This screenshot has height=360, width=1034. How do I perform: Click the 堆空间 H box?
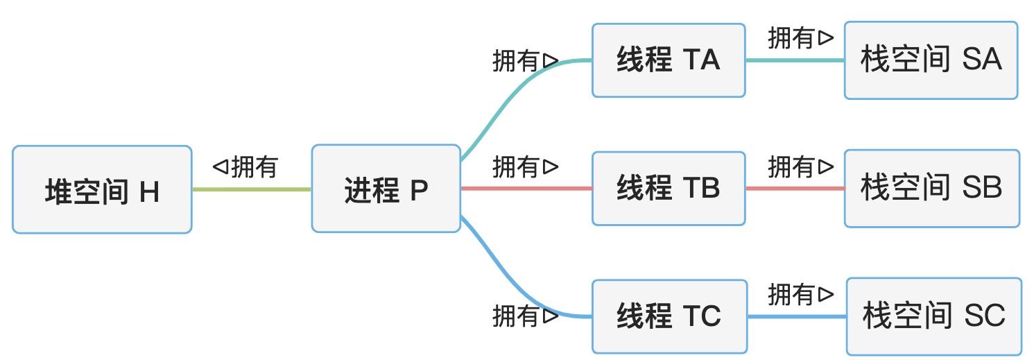click(102, 189)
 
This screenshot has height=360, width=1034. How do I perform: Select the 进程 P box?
click(386, 189)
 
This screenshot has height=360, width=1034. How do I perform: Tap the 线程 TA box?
click(669, 60)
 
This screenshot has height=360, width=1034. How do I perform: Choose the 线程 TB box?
click(669, 188)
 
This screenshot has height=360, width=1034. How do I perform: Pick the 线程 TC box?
click(669, 316)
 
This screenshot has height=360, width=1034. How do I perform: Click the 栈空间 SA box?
click(931, 60)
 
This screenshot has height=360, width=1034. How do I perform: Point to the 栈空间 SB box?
click(931, 188)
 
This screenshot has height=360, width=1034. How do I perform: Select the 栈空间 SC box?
click(933, 316)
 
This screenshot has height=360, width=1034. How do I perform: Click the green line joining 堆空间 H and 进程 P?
click(251, 189)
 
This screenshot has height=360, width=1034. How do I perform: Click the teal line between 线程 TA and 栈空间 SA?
click(795, 60)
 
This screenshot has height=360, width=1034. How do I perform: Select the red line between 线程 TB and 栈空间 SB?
click(795, 188)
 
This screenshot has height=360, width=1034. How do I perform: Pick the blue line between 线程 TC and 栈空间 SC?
click(797, 316)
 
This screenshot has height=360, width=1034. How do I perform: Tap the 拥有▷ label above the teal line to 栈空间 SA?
click(801, 38)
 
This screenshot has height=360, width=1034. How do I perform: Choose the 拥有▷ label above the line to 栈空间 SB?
click(801, 166)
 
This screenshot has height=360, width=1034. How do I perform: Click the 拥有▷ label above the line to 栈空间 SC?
click(801, 295)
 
